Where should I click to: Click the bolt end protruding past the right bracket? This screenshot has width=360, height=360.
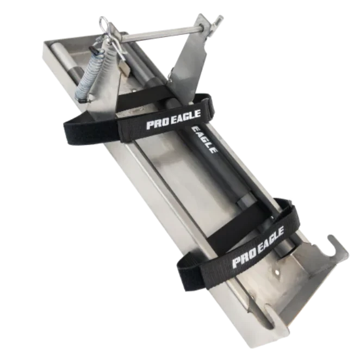217,22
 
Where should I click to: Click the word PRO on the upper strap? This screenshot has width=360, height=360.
155,124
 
